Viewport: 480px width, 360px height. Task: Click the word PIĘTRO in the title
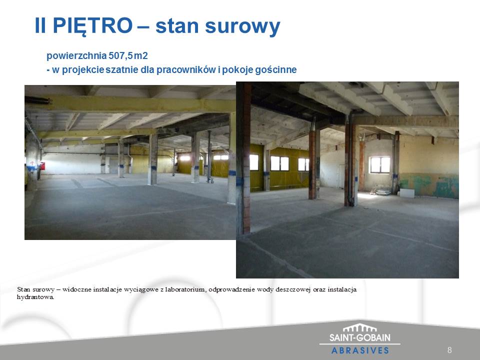click(92, 25)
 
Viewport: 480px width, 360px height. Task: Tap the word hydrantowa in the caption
click(35, 297)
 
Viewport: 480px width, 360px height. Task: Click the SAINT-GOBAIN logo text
click(359, 337)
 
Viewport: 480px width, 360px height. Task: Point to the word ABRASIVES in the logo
click(360, 350)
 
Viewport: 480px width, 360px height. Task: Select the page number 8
click(449, 350)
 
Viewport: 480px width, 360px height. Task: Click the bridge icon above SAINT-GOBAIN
click(359, 327)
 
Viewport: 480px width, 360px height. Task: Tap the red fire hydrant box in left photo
click(42, 166)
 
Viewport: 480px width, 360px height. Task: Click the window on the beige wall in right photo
click(380, 164)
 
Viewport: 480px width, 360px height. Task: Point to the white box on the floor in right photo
click(407, 193)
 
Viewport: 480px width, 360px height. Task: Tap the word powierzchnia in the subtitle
click(76, 56)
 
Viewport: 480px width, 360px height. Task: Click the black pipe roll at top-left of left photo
click(37, 100)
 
